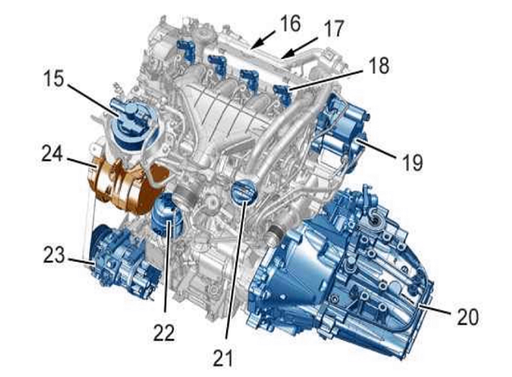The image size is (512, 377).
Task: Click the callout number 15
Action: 53,79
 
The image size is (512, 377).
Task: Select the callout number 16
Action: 289,23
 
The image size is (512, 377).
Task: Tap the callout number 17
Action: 332,29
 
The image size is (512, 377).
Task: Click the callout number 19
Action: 412,163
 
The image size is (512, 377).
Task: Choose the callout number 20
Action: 467,316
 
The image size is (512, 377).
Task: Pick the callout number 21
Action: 223,358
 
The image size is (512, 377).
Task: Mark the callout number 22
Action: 164,333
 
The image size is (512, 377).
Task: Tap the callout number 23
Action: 54,255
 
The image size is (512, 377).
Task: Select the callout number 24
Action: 52,153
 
